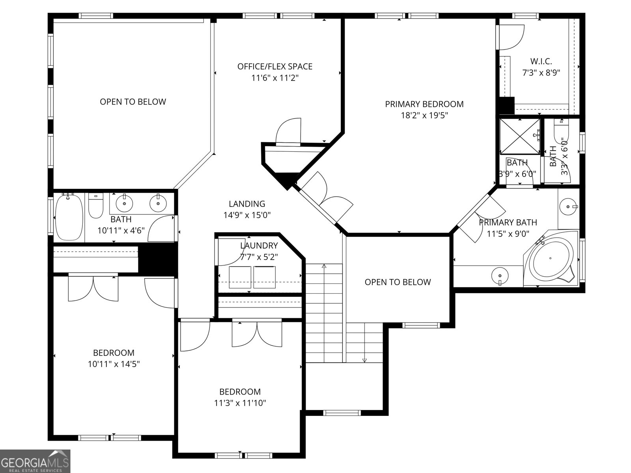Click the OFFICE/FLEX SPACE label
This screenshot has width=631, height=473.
275,66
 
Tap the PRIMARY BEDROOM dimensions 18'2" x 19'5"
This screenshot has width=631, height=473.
424,115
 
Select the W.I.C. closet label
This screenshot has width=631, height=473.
541,61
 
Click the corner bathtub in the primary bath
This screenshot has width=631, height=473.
550,258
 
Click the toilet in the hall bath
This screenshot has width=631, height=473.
95,206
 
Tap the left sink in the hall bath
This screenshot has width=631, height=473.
124,203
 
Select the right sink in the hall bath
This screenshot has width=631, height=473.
158,203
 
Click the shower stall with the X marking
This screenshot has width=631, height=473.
519,136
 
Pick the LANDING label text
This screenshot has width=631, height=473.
247,204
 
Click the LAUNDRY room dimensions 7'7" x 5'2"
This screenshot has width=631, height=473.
259,257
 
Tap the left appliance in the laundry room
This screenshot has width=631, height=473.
240,277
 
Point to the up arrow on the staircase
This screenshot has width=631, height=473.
324,266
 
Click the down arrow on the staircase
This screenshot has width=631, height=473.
364,360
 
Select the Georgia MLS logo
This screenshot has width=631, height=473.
35,461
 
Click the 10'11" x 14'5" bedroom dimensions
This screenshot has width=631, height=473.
114,364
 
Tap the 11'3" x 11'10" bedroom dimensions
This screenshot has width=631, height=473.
240,403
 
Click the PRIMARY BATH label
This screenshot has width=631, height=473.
508,222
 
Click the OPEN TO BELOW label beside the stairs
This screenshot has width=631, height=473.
398,282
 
